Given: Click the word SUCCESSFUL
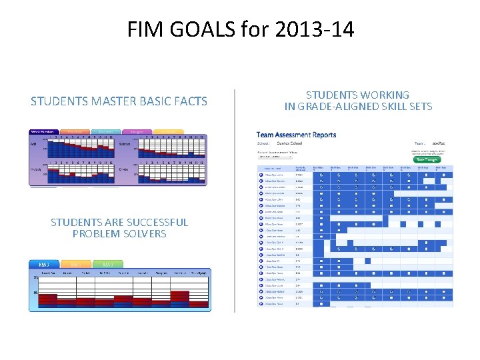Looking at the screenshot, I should click(148, 223).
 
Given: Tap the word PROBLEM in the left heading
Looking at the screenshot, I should click(95, 234).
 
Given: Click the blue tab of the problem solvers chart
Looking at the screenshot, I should click(44, 264).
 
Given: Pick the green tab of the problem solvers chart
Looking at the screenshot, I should click(106, 264).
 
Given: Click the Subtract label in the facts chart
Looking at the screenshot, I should click(125, 143).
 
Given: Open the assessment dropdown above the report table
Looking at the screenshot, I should click(279, 157).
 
